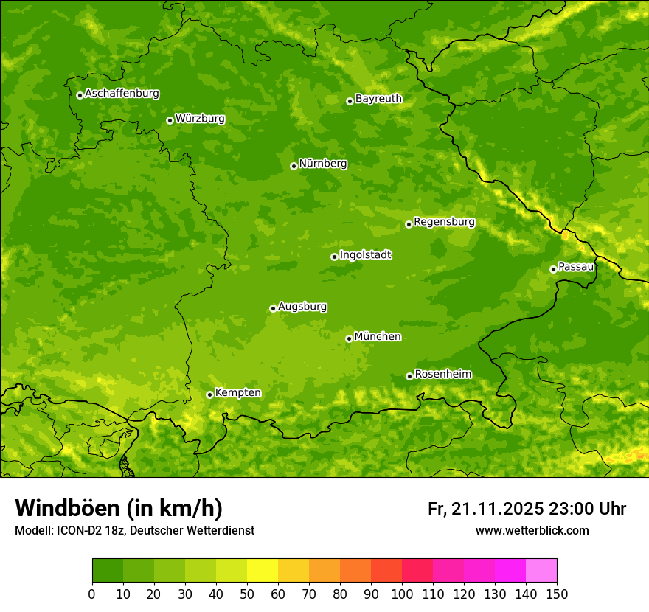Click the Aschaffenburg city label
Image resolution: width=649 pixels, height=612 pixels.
[122, 94]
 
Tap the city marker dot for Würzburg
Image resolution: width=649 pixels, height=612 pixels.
[170, 120]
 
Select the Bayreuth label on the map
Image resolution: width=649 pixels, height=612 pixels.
[378, 99]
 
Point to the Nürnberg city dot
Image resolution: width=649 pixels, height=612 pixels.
[294, 166]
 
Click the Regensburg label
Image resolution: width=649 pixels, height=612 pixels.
[444, 222]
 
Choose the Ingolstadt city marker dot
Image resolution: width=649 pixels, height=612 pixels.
[334, 257]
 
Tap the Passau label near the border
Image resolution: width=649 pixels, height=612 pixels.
[576, 267]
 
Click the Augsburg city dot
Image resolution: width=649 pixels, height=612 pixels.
[273, 308]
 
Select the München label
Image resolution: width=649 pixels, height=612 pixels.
[378, 337]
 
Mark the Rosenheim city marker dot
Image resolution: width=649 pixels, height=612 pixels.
[409, 376]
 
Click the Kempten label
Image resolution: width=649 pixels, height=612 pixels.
[237, 393]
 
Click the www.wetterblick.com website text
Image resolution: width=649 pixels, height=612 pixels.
[532, 530]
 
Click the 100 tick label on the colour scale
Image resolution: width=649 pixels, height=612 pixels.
[402, 594]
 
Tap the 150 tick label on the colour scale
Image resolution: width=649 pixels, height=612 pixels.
[557, 594]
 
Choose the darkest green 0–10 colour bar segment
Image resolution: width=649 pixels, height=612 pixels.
[108, 571]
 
